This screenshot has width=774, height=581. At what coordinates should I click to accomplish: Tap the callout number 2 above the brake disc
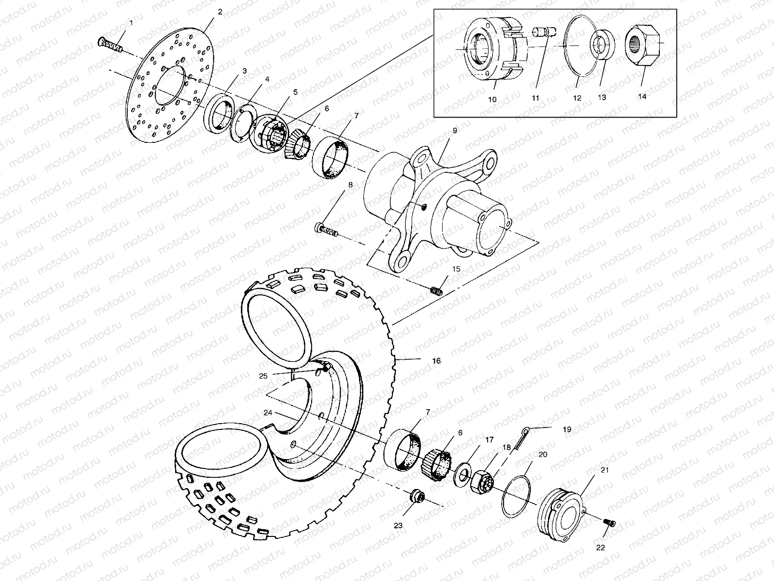tap(220, 12)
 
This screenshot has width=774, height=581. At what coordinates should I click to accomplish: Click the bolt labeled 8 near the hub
tap(326, 229)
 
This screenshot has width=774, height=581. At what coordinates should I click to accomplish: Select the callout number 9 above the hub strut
tap(455, 131)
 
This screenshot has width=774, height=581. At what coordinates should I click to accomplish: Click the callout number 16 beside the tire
tap(436, 361)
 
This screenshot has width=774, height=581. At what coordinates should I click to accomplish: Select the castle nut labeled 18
tap(481, 482)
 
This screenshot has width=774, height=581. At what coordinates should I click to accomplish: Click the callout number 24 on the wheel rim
tap(268, 413)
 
